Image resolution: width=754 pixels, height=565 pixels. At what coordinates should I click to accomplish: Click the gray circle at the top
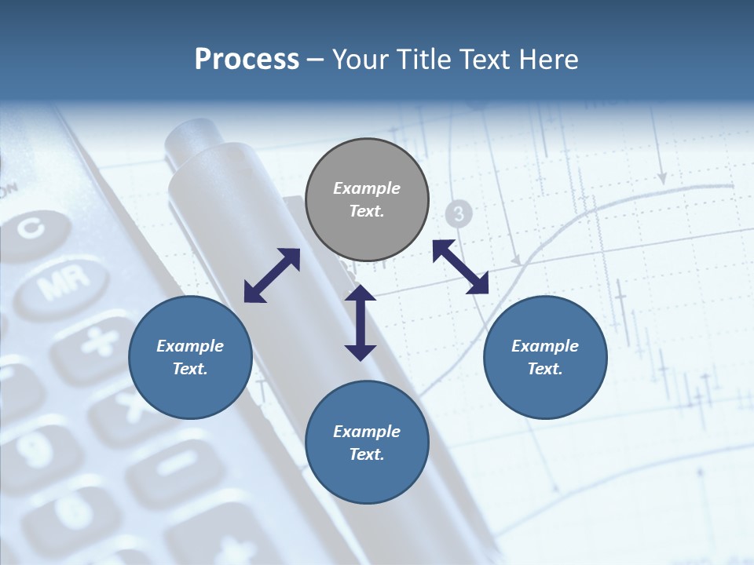(x=367, y=200)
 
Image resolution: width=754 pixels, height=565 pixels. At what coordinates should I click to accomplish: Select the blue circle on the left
(x=190, y=358)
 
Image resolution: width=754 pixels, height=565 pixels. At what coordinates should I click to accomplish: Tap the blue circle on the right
(x=545, y=358)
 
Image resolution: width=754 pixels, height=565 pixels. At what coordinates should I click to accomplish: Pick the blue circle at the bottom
(x=367, y=443)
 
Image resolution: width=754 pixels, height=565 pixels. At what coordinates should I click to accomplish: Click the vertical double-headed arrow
(x=361, y=323)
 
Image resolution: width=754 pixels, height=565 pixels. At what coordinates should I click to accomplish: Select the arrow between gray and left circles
(x=272, y=275)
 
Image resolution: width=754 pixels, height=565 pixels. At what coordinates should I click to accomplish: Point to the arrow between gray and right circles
(x=460, y=267)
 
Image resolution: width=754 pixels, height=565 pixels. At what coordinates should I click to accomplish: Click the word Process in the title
(x=247, y=59)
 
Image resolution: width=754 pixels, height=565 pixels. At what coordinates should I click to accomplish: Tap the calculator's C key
(x=32, y=229)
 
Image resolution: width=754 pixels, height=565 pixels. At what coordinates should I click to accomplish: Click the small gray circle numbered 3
(x=459, y=213)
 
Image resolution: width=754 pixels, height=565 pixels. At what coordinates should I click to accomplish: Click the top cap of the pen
(x=188, y=138)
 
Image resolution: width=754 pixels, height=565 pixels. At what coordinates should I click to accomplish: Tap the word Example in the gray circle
(x=367, y=188)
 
